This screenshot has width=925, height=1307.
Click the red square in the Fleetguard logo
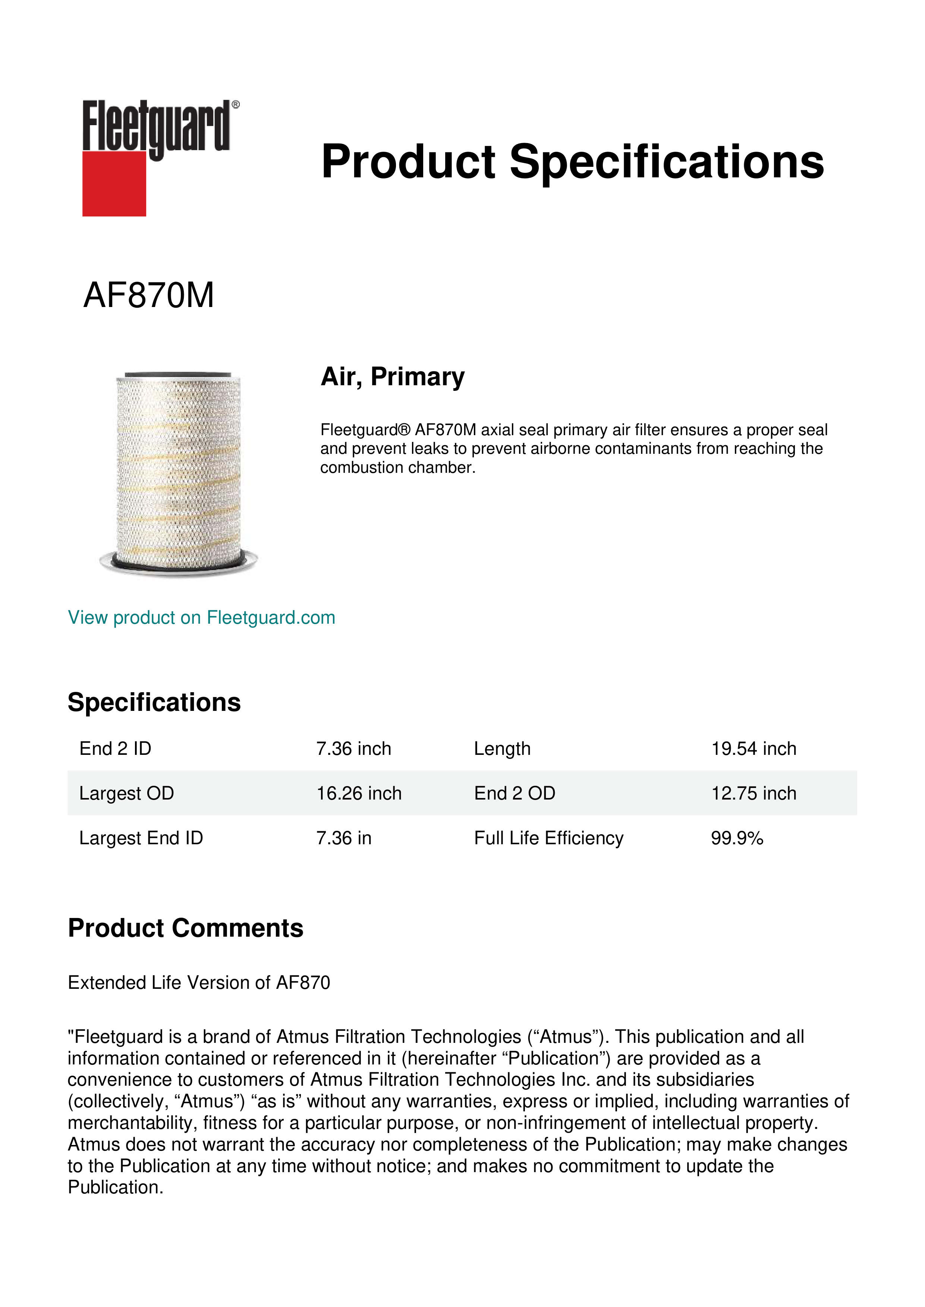click(114, 184)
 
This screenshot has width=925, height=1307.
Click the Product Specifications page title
click(572, 162)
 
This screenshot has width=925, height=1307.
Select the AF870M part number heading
click(149, 295)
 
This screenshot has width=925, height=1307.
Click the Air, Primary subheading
click(393, 377)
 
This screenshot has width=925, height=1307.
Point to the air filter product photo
click(178, 472)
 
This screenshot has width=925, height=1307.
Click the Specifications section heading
click(154, 702)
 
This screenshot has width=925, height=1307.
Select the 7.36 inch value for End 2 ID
click(354, 749)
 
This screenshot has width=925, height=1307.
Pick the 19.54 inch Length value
click(753, 749)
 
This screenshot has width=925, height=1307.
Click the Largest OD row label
click(126, 793)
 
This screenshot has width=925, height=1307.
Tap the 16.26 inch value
click(359, 793)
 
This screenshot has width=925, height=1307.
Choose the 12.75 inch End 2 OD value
click(753, 793)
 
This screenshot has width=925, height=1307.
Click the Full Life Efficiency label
click(548, 838)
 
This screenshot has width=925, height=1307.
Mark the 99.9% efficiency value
click(737, 838)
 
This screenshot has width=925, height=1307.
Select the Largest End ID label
click(141, 838)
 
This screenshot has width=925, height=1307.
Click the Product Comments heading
click(185, 928)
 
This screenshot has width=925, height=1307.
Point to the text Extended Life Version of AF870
click(199, 982)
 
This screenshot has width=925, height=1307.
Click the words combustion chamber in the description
click(397, 468)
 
